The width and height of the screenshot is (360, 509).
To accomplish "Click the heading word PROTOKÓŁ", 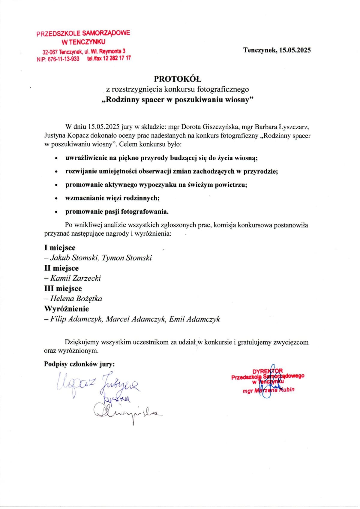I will (178, 79).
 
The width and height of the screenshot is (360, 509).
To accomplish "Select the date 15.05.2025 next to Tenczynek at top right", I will (295, 50).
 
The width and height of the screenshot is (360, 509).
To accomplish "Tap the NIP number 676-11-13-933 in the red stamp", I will (63, 59).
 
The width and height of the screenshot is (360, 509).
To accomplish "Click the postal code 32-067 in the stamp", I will (50, 52).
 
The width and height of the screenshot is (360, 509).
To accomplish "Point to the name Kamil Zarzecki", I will (75, 278).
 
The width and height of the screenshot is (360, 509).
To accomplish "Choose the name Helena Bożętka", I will (76, 299).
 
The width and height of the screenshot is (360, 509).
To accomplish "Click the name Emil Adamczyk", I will (194, 319).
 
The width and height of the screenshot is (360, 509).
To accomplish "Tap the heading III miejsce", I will (63, 288).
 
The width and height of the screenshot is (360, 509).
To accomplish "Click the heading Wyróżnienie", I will (67, 309).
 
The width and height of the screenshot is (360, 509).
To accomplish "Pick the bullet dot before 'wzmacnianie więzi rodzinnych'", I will (56, 198).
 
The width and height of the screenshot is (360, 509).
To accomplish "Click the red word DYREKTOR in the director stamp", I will (267, 371).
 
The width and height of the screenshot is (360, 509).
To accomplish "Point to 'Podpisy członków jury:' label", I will (79, 364).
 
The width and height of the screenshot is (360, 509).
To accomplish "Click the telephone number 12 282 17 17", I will (117, 58).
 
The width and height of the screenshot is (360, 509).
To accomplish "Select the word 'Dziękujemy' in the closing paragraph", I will (82, 342).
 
